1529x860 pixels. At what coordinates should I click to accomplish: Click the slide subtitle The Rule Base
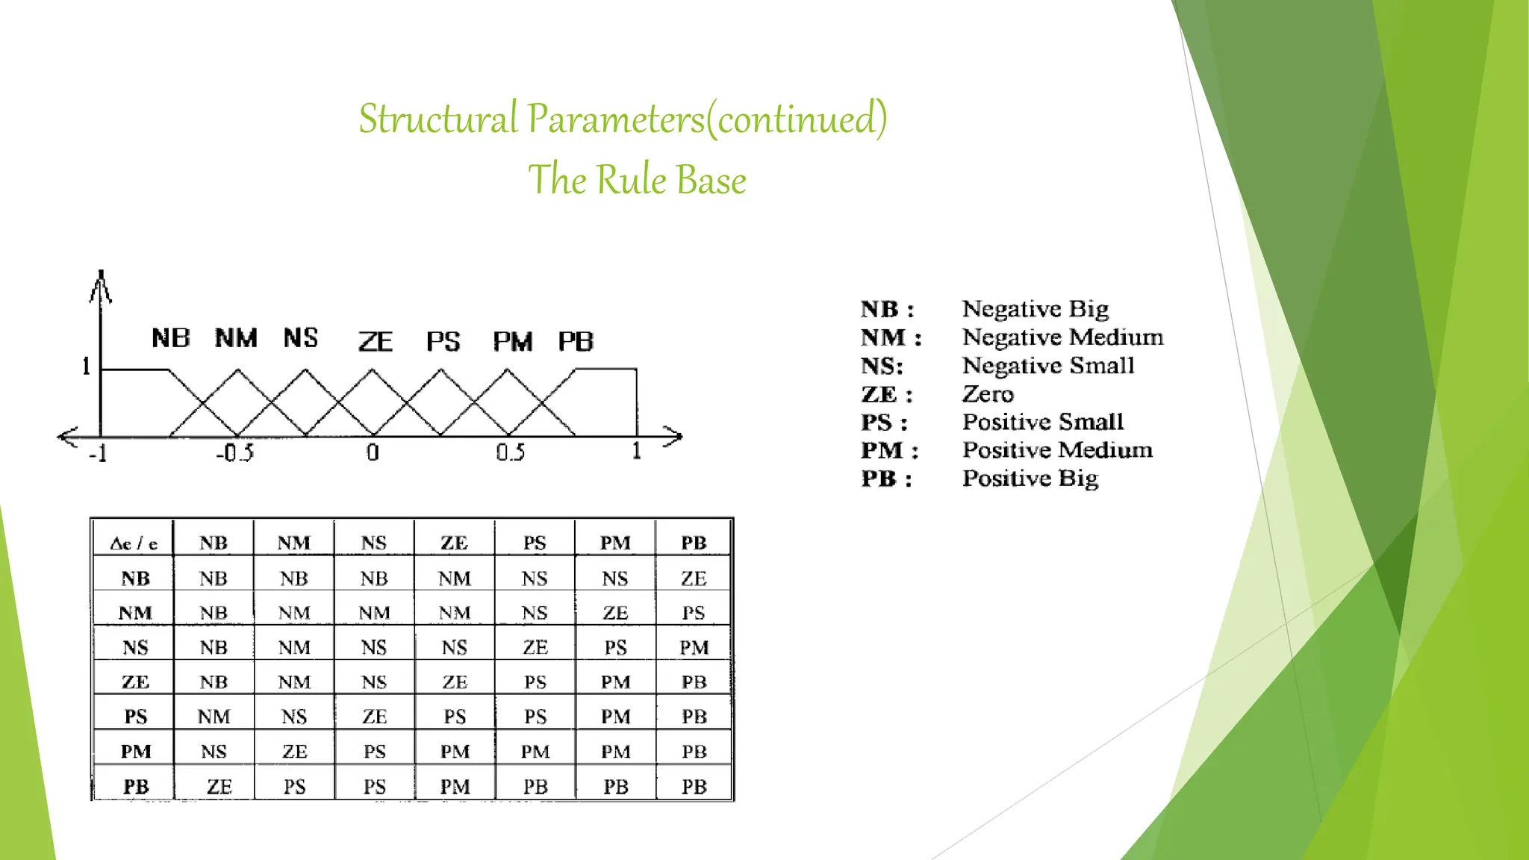tap(637, 180)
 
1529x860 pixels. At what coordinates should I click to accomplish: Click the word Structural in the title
tap(438, 119)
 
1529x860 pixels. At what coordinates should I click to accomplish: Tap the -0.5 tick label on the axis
tap(235, 452)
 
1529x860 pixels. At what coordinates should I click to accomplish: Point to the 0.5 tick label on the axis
tap(511, 452)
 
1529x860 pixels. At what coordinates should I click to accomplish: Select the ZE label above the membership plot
tap(375, 342)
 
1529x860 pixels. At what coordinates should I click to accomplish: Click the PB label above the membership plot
tap(576, 342)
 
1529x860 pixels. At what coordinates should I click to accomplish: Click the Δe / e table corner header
tap(134, 543)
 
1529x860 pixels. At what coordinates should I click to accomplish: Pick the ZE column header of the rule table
tap(454, 543)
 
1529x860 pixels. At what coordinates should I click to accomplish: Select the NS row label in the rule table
tap(135, 647)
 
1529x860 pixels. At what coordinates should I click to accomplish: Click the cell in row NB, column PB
tap(694, 579)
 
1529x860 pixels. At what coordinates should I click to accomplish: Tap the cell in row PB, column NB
tap(219, 786)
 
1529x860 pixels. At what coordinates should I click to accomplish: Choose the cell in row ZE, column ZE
tap(454, 682)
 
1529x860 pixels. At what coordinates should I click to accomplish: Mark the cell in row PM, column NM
tap(294, 751)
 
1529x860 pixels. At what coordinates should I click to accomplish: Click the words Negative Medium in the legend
tap(1062, 337)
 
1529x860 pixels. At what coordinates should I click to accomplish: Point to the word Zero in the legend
tap(988, 394)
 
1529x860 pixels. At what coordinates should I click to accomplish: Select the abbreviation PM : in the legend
tap(889, 451)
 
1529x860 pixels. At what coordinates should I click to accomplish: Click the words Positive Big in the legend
tap(1030, 479)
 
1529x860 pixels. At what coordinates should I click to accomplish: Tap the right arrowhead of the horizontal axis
tap(674, 437)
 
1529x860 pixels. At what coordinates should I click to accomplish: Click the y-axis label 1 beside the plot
tap(86, 366)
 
